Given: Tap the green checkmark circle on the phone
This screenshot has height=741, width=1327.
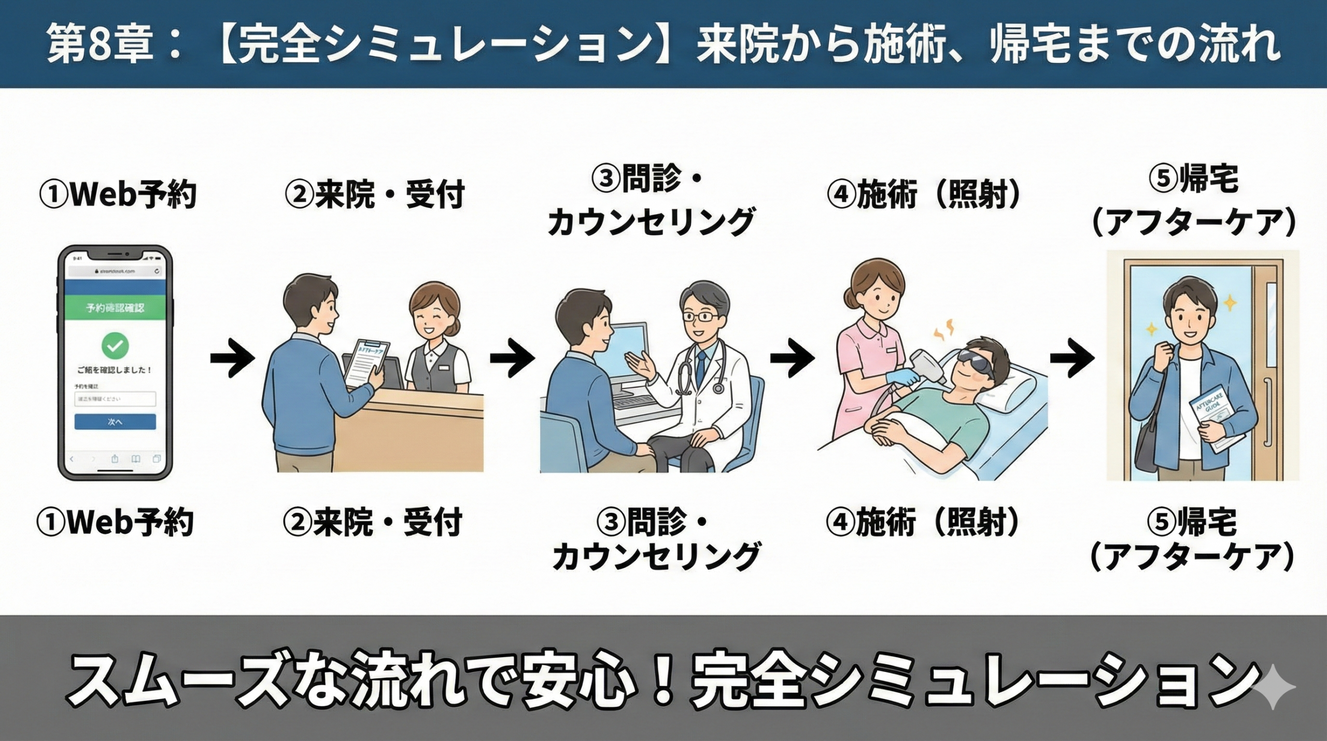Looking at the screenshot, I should point(115,345).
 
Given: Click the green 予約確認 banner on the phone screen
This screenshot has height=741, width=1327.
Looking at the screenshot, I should point(115,307).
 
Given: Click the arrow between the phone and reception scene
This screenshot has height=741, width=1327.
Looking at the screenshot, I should point(232,358).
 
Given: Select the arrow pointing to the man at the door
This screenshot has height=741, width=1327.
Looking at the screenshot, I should point(1071,358).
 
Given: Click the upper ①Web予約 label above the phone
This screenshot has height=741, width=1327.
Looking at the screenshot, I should point(118,194).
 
